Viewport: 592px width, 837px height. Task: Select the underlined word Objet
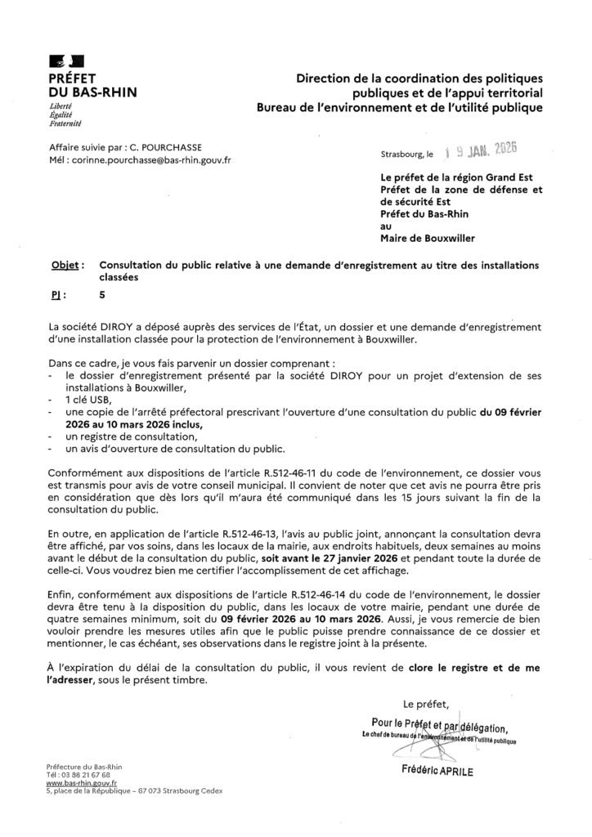click(x=64, y=266)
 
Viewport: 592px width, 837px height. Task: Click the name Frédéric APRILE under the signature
click(x=438, y=770)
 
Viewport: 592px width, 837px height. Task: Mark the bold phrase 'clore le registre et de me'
click(x=472, y=667)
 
